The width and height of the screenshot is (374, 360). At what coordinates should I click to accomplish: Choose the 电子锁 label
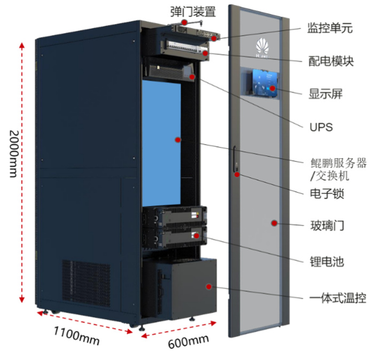point(326,193)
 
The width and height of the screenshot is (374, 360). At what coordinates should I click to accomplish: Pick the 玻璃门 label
point(326,226)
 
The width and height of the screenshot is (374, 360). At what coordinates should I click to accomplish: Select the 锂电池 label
point(326,262)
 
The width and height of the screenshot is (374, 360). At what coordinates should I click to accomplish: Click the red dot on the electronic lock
point(236,174)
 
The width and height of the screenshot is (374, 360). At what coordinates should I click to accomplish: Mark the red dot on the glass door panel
point(274,223)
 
